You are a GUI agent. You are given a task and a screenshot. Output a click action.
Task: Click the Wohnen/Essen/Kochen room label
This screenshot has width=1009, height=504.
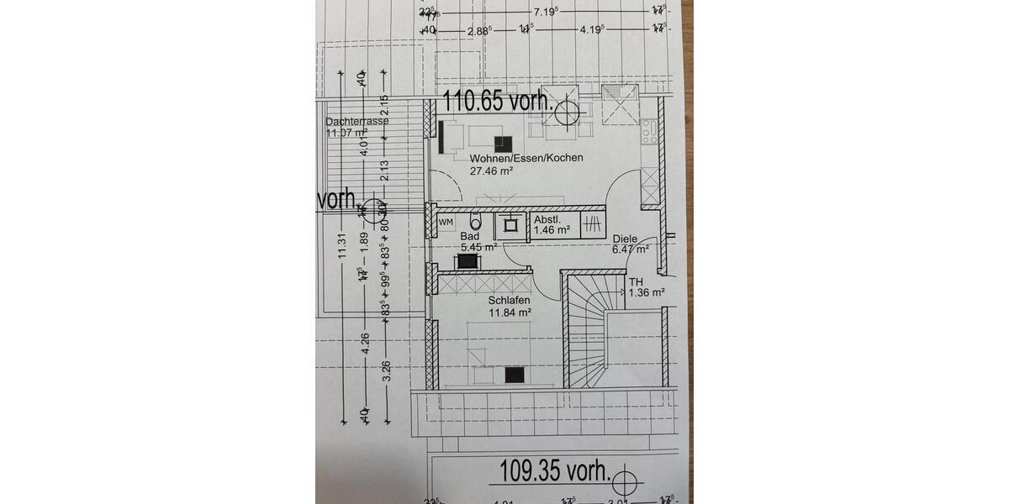pyautogui.click(x=526, y=158)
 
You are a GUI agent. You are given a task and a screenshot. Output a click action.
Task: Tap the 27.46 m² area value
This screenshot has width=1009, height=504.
pyautogui.click(x=492, y=171)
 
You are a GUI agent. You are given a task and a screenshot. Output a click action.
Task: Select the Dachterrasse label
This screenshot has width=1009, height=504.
pyautogui.click(x=357, y=121)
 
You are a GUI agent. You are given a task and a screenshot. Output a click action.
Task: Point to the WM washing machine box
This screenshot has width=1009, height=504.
pyautogui.click(x=446, y=222)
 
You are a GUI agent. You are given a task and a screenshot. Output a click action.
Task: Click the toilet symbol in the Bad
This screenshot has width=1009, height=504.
pyautogui.click(x=476, y=223)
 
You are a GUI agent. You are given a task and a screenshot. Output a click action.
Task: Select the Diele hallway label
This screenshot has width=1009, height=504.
pyautogui.click(x=625, y=239)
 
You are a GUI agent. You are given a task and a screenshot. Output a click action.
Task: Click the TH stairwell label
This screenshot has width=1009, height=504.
pyautogui.click(x=637, y=281)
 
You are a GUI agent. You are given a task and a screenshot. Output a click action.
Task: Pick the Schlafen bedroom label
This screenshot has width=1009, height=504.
pyautogui.click(x=510, y=299)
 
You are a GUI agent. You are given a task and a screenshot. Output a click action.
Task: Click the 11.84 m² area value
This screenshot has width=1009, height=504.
pyautogui.click(x=510, y=312)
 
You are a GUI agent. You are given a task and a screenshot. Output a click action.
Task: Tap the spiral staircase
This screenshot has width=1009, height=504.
pyautogui.click(x=594, y=332)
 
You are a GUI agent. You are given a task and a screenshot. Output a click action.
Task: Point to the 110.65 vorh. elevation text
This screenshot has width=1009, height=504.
pyautogui.click(x=499, y=103)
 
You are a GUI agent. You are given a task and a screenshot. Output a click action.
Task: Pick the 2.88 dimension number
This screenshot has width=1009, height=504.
pyautogui.click(x=478, y=29)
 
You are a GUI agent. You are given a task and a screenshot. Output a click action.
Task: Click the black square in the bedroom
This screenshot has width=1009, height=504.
pyautogui.click(x=515, y=375)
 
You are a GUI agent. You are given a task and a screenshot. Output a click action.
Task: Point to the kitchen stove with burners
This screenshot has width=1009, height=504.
pyautogui.click(x=648, y=131)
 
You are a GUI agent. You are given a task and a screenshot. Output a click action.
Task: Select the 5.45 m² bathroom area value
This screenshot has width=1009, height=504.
pyautogui.click(x=478, y=248)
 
